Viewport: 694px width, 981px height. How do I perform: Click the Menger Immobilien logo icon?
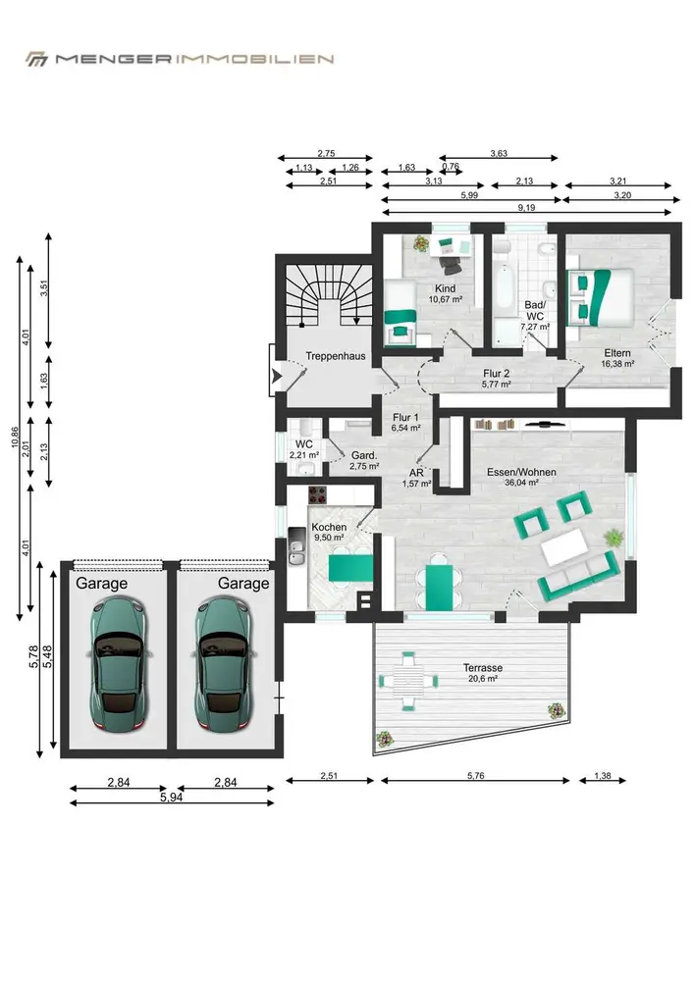pos(36,59)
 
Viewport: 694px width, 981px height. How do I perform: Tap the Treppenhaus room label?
pos(336,356)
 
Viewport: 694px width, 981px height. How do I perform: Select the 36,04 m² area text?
pos(521,483)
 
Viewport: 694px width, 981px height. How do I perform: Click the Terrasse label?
pos(483,667)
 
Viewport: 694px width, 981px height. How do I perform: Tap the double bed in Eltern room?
pos(601,297)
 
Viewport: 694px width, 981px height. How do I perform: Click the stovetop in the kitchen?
pos(318,495)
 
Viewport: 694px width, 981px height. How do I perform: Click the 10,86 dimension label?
pos(15,438)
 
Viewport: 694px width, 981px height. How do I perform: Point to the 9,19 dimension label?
pos(527,208)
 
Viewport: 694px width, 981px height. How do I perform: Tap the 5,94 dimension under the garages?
pos(172,798)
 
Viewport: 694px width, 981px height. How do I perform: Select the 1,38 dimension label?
pos(602,776)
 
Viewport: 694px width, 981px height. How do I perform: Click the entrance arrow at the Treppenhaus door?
pos(276,377)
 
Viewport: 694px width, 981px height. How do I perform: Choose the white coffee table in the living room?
pos(564,546)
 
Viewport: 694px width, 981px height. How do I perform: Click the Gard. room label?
pos(363,455)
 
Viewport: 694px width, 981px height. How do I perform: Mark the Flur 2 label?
pos(497,374)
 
